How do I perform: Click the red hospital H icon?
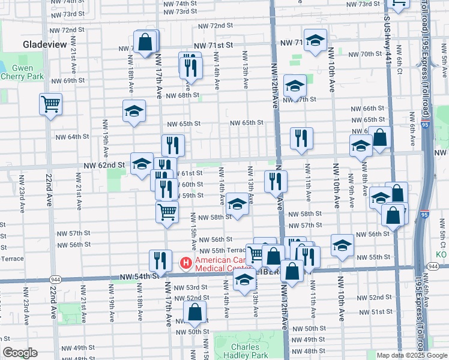(185, 262)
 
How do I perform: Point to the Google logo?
(20, 353)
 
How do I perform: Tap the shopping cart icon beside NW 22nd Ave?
(51, 104)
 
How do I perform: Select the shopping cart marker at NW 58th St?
(167, 211)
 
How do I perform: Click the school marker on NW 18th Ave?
(134, 110)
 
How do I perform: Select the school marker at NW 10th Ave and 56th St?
(342, 245)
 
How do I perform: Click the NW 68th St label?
(182, 95)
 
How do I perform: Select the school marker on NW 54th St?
(244, 280)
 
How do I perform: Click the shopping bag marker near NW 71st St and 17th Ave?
(146, 42)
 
